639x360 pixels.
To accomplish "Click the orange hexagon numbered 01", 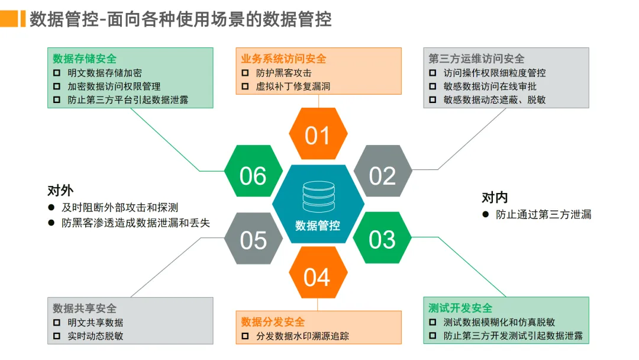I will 317,136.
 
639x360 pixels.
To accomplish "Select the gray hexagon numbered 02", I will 382,175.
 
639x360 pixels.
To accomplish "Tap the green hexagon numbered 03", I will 382,239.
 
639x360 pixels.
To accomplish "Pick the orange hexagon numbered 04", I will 317,277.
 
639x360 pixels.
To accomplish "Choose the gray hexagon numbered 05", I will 253,240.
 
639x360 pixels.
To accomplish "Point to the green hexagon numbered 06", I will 253,175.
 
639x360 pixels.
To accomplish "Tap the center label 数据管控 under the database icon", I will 318,226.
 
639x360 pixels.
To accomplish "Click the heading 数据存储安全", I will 85,59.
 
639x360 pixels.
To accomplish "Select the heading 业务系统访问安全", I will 283,59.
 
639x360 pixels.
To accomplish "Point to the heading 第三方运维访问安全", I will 476,59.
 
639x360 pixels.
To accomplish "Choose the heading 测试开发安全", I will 460,308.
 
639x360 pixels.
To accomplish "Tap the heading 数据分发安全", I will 273,322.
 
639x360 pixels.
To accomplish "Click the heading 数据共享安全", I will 85,308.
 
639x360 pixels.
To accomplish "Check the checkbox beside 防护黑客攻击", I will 246,73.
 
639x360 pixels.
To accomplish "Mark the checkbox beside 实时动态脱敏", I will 57,336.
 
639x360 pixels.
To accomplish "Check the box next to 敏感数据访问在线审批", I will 433,86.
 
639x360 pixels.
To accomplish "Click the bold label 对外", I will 60,191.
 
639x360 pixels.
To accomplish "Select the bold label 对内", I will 495,197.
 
